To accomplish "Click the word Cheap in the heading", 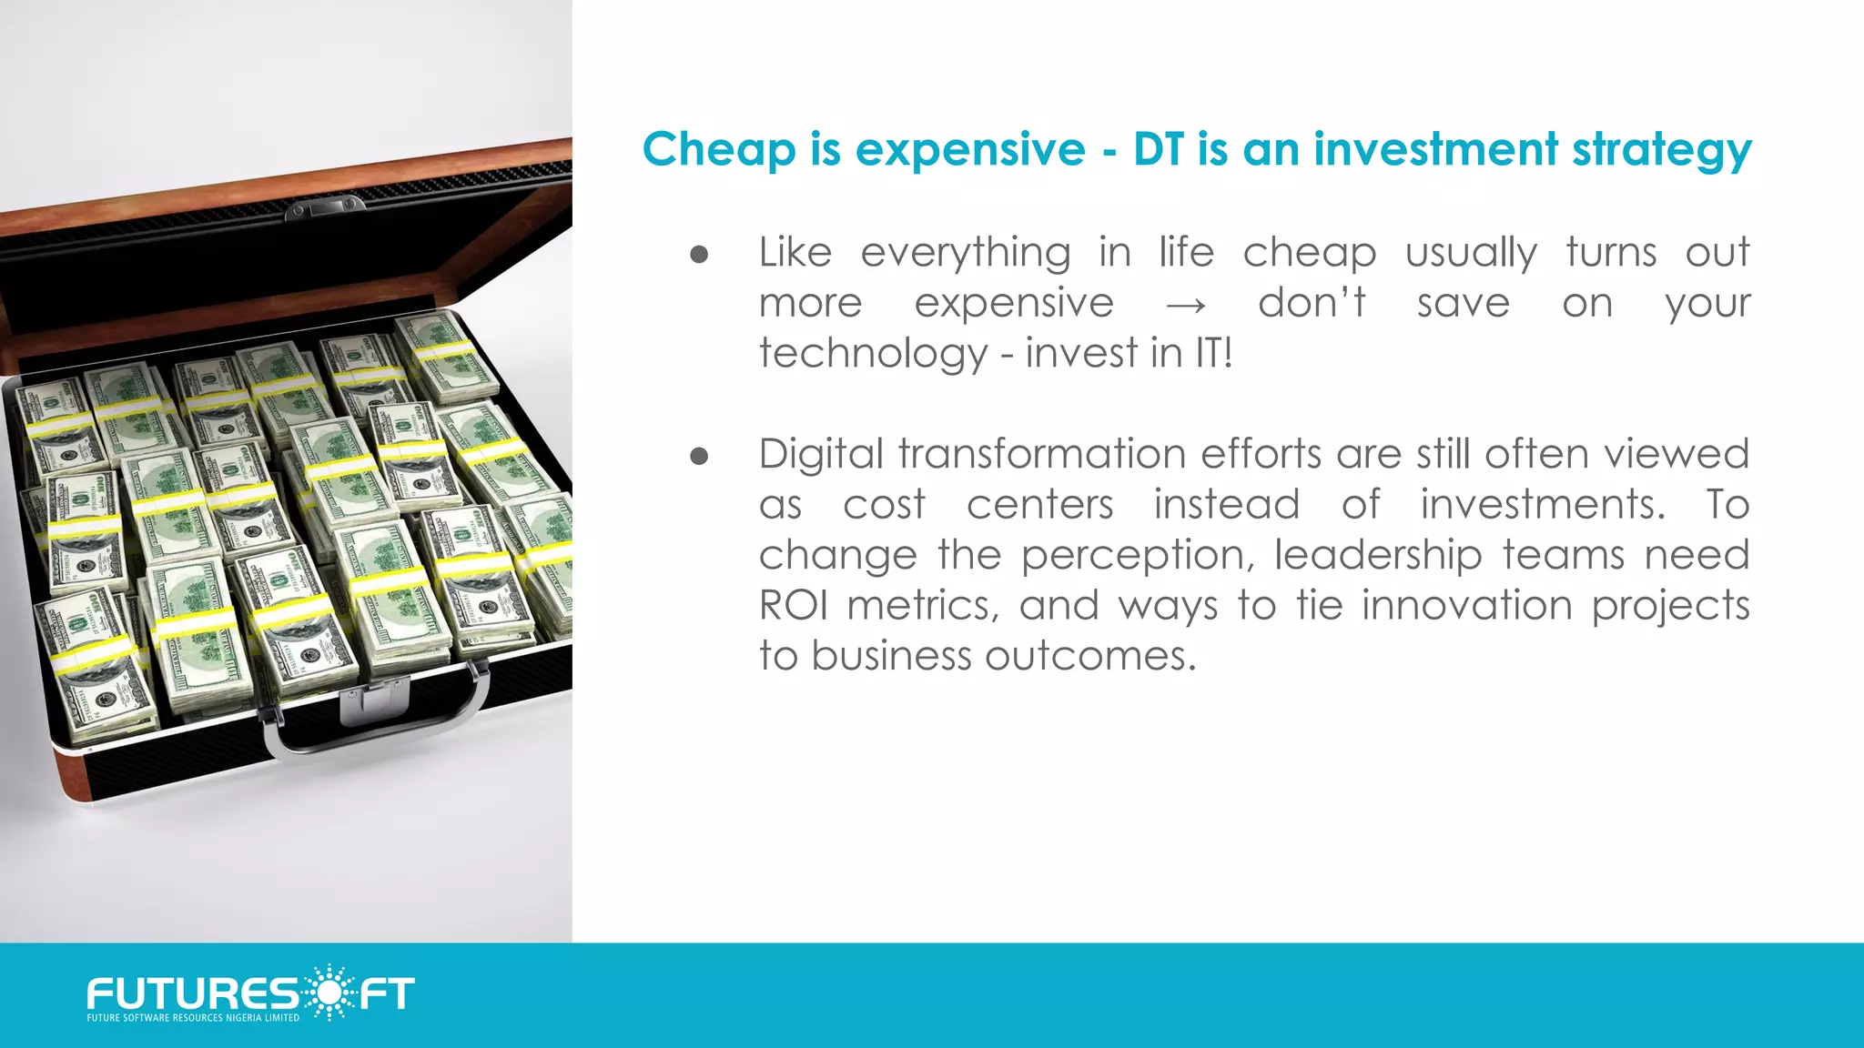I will point(718,150).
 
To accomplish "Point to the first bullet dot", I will point(699,254).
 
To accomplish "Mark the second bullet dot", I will point(699,456).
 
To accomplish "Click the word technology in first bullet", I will point(873,354).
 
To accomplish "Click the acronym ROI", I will point(794,605).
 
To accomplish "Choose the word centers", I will point(1039,505).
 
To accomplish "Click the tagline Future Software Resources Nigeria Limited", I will point(193,1018).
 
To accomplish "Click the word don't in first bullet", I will point(1311,304).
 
